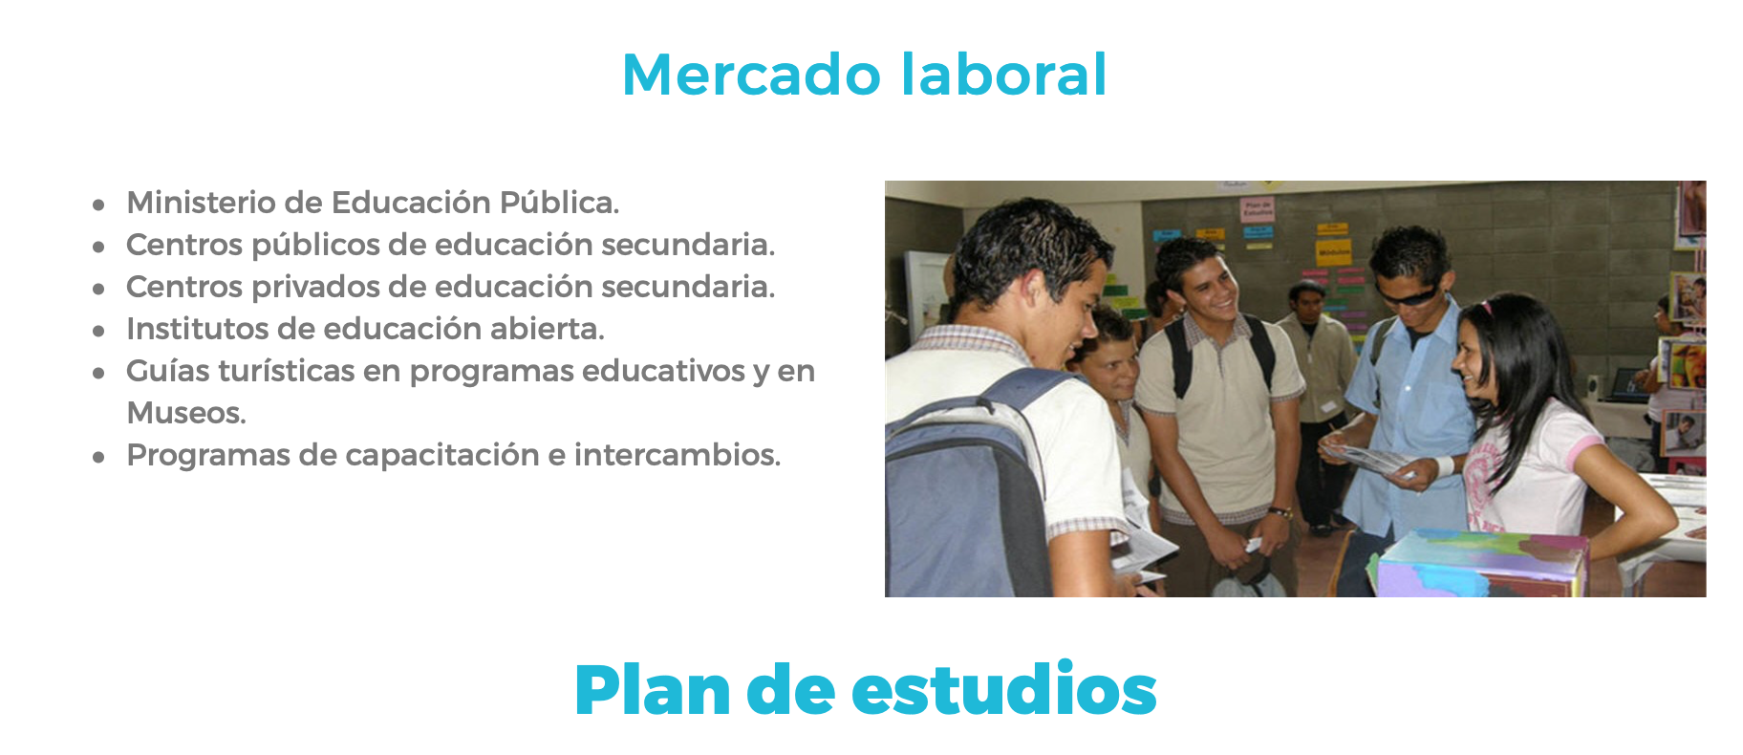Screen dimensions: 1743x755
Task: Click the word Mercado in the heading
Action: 751,75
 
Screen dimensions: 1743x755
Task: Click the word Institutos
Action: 197,329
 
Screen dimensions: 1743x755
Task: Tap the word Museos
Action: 186,413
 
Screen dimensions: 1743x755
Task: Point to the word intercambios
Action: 678,455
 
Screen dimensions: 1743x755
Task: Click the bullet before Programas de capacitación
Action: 98,457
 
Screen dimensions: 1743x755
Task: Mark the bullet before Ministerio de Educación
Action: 98,205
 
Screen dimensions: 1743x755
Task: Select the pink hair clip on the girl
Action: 1485,308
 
